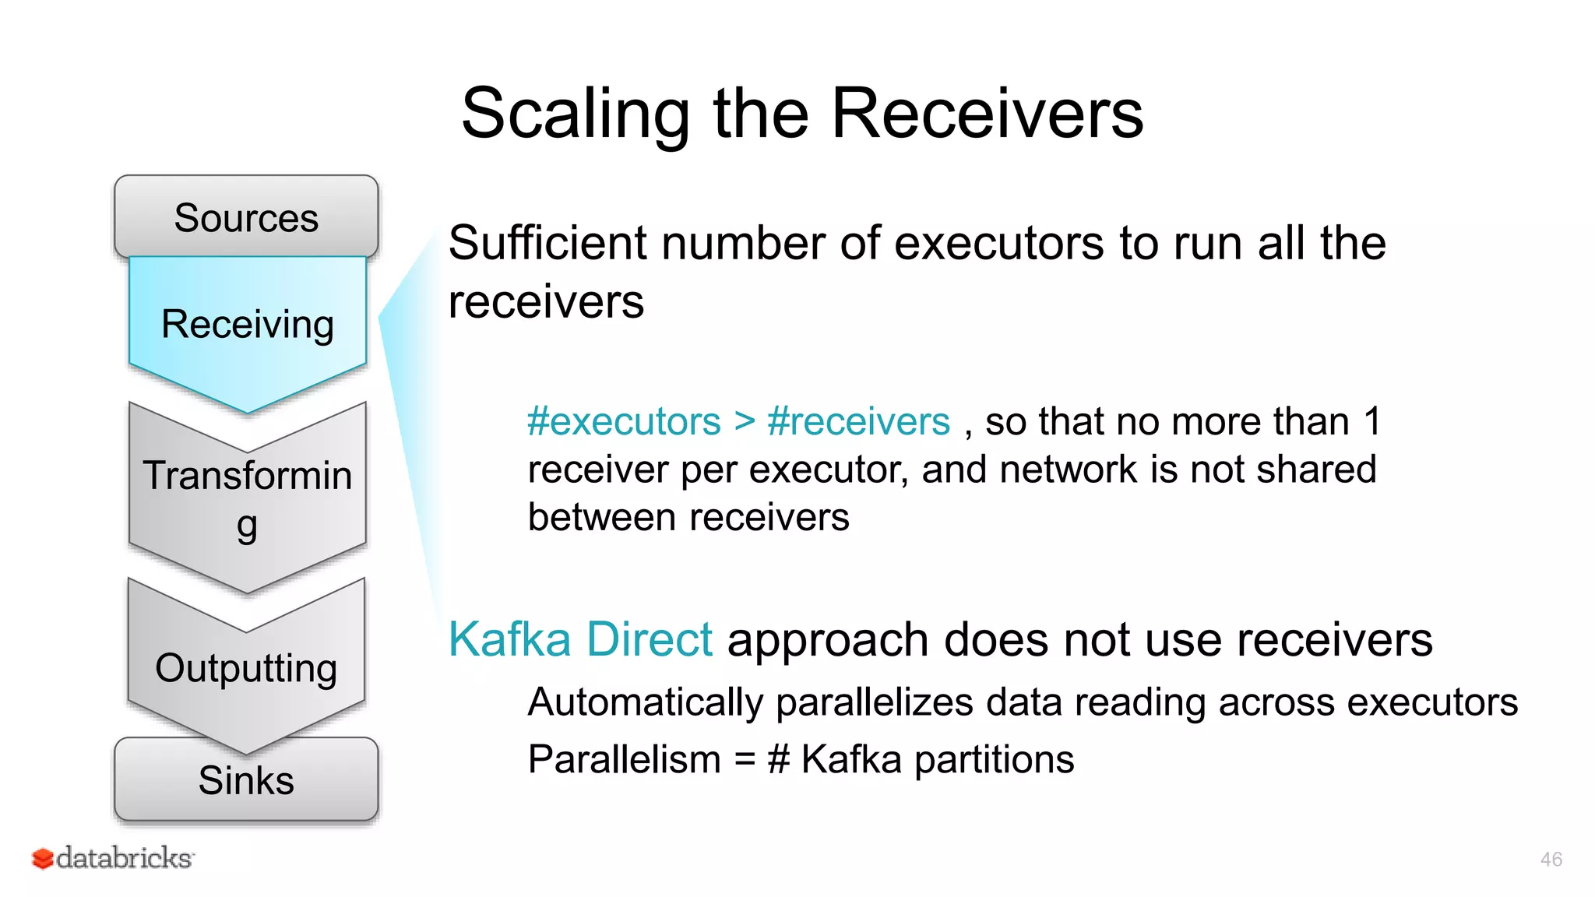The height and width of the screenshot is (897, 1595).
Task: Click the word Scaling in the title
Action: tap(575, 114)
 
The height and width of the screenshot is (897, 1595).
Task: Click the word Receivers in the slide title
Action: tap(987, 114)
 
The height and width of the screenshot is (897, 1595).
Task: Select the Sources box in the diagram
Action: tap(246, 217)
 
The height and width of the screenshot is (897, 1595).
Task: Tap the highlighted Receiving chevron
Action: tap(248, 324)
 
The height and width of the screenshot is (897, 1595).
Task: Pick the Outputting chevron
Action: tap(246, 668)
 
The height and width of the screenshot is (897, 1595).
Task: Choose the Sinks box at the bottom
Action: tap(246, 780)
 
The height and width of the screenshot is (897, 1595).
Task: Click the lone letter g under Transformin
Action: tap(247, 527)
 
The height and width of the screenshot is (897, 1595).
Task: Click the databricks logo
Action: tap(113, 858)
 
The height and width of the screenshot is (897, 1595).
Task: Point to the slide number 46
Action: tap(1551, 860)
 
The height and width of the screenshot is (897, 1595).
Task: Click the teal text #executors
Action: tap(624, 422)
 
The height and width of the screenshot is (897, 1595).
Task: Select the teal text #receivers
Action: tap(858, 422)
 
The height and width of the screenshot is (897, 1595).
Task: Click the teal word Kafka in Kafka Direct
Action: tap(510, 640)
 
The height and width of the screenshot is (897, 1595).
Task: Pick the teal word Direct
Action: tap(649, 640)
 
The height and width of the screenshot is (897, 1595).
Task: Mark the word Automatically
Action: tap(645, 702)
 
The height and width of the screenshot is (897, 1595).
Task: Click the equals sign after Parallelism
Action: tap(745, 760)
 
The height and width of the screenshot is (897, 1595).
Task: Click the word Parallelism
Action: tap(624, 760)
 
